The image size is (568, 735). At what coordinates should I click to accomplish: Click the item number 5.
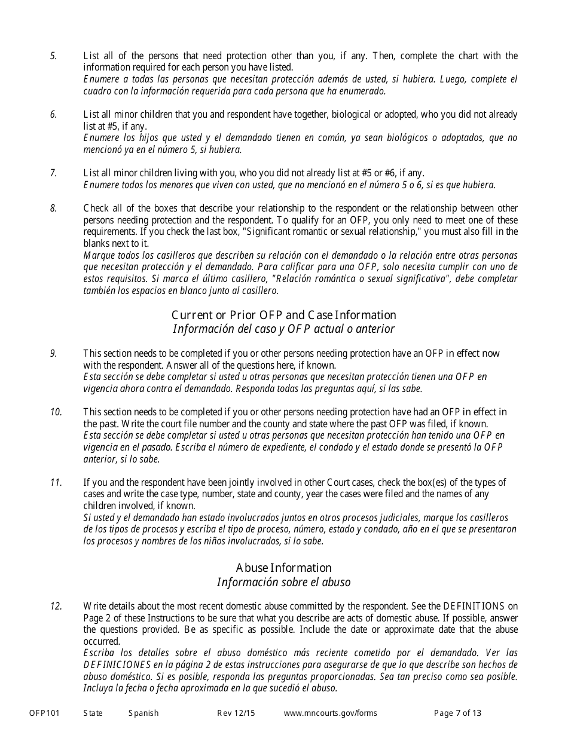pos(53,56)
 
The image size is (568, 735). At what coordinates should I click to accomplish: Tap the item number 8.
pos(53,209)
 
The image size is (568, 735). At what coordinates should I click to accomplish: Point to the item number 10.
pos(56,412)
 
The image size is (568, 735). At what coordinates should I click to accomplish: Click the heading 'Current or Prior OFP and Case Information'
pos(283,315)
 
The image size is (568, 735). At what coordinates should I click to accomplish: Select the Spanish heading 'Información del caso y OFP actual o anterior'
pos(283,329)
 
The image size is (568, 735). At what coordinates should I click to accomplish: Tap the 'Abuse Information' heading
pos(283,568)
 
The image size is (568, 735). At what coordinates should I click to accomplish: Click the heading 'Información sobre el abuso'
pos(283,582)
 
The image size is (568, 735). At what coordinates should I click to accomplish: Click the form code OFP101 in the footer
pos(44,713)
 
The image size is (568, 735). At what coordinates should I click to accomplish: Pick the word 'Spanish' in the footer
pos(143,713)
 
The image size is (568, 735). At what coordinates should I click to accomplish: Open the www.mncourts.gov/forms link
pos(330,713)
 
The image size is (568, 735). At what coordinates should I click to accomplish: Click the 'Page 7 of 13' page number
pos(457,713)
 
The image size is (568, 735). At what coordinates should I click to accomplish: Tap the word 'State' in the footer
pos(93,713)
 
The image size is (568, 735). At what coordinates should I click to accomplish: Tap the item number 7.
pos(53,173)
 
